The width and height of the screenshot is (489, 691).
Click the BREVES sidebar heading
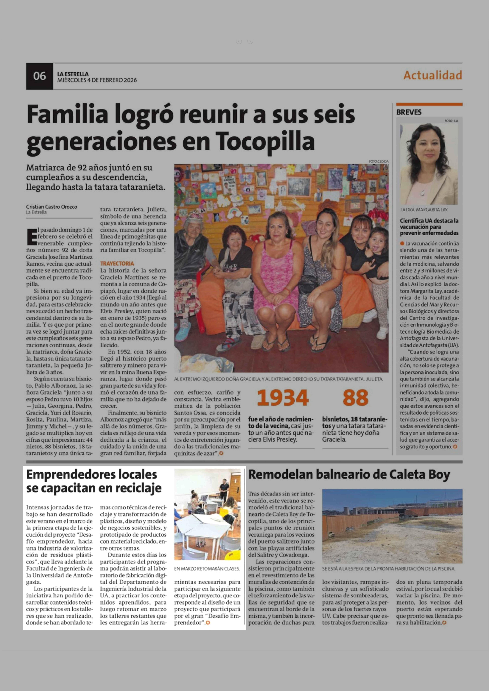click(x=409, y=112)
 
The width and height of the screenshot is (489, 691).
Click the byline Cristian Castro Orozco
click(x=51, y=207)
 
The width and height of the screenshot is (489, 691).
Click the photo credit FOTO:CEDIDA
click(x=378, y=161)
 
